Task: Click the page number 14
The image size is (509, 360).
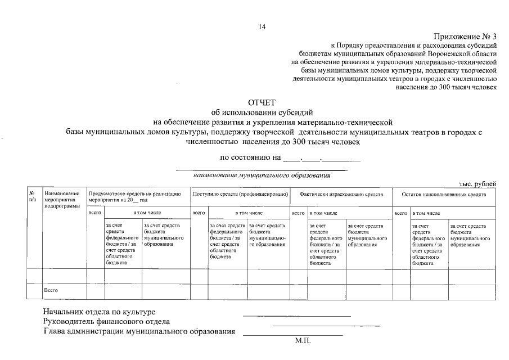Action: pyautogui.click(x=262, y=26)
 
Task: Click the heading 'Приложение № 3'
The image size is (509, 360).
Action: pyautogui.click(x=465, y=35)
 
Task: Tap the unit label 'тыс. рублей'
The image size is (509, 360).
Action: pyautogui.click(x=477, y=184)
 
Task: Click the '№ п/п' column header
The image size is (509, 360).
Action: pyautogui.click(x=33, y=196)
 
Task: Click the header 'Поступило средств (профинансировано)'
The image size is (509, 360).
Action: pyautogui.click(x=240, y=194)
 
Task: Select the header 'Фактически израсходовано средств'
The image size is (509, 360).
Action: pyautogui.click(x=341, y=194)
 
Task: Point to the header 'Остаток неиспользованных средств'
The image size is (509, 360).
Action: pyautogui.click(x=444, y=194)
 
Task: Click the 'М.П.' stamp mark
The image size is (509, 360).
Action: pyautogui.click(x=302, y=341)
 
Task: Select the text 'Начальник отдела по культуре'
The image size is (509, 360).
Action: pyautogui.click(x=99, y=312)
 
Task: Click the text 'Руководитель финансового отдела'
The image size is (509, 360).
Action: pyautogui.click(x=106, y=322)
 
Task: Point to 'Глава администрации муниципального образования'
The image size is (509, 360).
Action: pyautogui.click(x=139, y=331)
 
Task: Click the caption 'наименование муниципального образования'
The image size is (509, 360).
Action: pyautogui.click(x=262, y=175)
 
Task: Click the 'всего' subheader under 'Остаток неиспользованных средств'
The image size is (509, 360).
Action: pyautogui.click(x=400, y=214)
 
